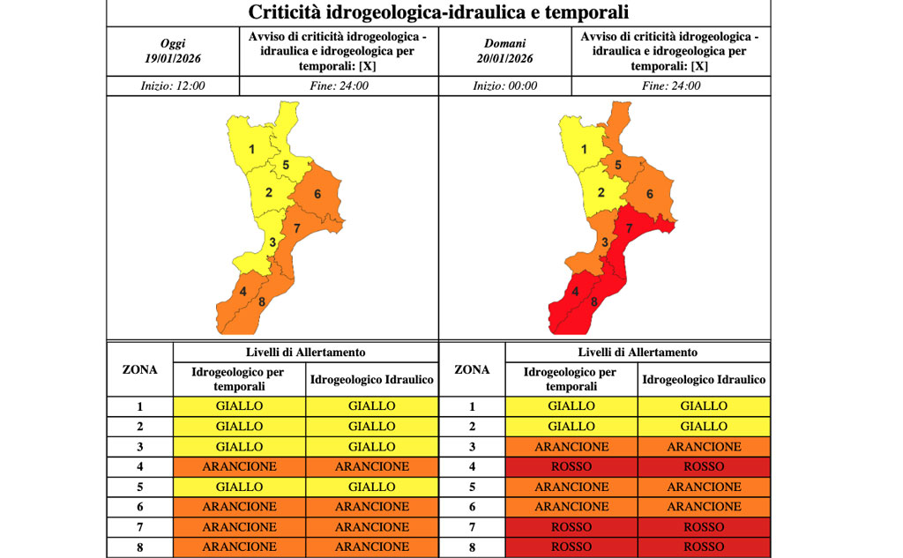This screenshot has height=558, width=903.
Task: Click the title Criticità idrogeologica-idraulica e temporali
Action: click(438, 12)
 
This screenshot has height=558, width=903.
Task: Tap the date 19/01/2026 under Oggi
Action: click(173, 58)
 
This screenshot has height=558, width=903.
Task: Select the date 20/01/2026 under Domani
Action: click(504, 58)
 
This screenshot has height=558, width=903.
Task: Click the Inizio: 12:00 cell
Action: click(173, 86)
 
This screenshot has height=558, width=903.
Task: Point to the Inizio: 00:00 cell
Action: click(504, 86)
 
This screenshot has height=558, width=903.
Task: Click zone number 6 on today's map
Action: click(316, 194)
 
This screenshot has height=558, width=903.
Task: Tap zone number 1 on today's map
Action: click(251, 150)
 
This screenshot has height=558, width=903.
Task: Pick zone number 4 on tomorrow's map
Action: click(575, 292)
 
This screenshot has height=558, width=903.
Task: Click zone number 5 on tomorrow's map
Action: click(618, 165)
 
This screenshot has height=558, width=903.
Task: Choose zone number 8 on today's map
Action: click(262, 303)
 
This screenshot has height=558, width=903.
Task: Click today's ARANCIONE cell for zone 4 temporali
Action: click(239, 466)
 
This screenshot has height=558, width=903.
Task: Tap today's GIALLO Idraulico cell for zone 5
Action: click(371, 487)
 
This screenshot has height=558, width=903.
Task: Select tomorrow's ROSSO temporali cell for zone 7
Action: click(571, 527)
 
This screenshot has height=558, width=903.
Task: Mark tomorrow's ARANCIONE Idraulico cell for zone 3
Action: click(703, 447)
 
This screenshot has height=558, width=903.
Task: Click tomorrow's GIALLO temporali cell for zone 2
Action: click(571, 427)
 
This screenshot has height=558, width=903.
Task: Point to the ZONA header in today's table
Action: click(139, 370)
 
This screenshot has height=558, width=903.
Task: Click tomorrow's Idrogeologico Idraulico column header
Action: click(703, 380)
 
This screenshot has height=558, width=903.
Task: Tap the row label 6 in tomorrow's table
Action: click(472, 507)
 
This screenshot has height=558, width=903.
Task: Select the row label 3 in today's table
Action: click(139, 447)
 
